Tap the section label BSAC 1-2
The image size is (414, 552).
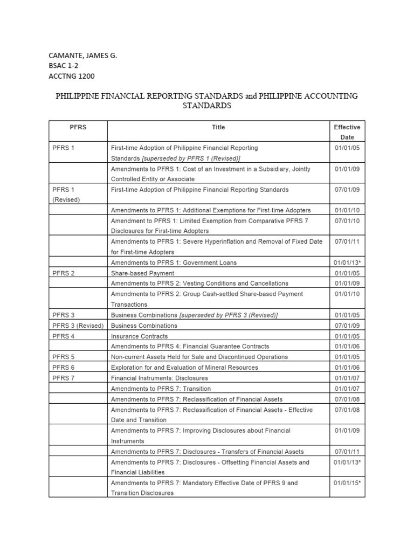pyautogui.click(x=64, y=65)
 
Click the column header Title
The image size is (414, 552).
pyautogui.click(x=218, y=127)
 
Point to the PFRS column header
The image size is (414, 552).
pyautogui.click(x=78, y=127)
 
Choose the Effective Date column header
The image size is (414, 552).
pyautogui.click(x=347, y=132)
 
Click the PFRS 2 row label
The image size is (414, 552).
pyautogui.click(x=64, y=273)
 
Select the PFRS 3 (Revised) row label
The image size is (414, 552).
pyautogui.click(x=78, y=326)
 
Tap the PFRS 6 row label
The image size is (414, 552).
pyautogui.click(x=64, y=368)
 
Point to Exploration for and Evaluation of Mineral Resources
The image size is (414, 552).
pyautogui.click(x=184, y=368)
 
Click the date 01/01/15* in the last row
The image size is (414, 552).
pyautogui.click(x=347, y=483)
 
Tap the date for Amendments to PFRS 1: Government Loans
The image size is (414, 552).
pyautogui.click(x=347, y=263)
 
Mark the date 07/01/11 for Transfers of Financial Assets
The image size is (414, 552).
pyautogui.click(x=347, y=452)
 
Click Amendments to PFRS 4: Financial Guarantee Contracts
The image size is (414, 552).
pyautogui.click(x=190, y=347)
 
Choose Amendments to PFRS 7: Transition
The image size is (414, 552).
pyautogui.click(x=161, y=389)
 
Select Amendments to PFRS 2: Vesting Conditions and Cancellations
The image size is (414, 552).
pyautogui.click(x=199, y=284)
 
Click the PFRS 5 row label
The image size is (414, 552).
pyautogui.click(x=64, y=357)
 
